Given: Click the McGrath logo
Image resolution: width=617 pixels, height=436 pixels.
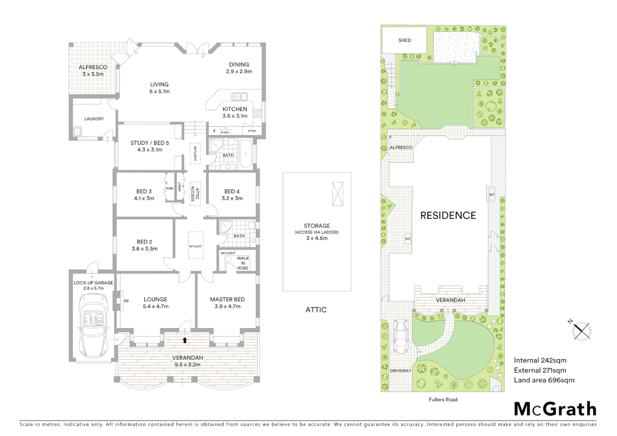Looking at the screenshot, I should tap(555, 409).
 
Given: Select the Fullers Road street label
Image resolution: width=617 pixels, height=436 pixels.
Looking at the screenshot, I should tap(443, 400).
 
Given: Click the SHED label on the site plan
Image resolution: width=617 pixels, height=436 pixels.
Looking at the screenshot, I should tap(405, 40).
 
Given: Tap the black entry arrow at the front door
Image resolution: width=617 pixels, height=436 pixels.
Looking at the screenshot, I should tap(185, 340).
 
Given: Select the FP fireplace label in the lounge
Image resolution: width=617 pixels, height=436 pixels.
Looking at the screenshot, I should tap(126, 301).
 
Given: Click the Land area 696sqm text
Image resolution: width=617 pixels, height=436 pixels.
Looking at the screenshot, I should tap(544, 380).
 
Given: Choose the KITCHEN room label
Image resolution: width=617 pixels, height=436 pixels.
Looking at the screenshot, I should tap(235, 109).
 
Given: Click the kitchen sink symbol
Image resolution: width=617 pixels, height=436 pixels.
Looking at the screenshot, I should tap(239, 96).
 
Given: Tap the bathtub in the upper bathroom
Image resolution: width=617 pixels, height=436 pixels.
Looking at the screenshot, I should tap(246, 153).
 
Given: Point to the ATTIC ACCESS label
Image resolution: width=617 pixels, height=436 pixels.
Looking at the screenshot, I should tap(195, 193).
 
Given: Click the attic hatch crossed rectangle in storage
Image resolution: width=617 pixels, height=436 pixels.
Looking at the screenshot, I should tap(338, 194).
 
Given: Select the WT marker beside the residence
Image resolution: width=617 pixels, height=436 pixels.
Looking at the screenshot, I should tap(492, 195).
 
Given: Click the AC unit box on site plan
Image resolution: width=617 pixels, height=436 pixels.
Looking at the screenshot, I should tap(408, 239).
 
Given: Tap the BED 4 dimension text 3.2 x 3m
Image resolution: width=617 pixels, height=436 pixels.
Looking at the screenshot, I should tap(232, 198).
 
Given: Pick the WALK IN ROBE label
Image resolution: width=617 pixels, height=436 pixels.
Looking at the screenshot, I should tap(243, 263).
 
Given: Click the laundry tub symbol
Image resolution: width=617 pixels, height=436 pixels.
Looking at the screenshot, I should tap(77, 131).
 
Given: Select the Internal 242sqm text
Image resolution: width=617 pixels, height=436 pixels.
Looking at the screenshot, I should tap(540, 361).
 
